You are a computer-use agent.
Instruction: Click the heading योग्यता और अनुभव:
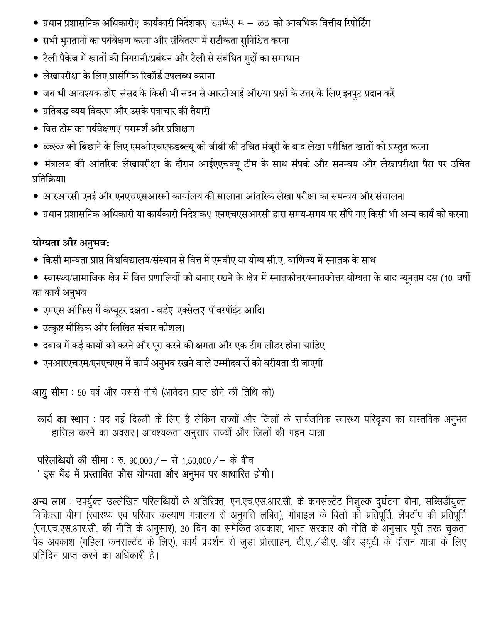[x=71, y=243]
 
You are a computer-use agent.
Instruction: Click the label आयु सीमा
[x=53, y=393]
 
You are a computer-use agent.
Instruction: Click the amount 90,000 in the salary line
[x=141, y=461]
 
